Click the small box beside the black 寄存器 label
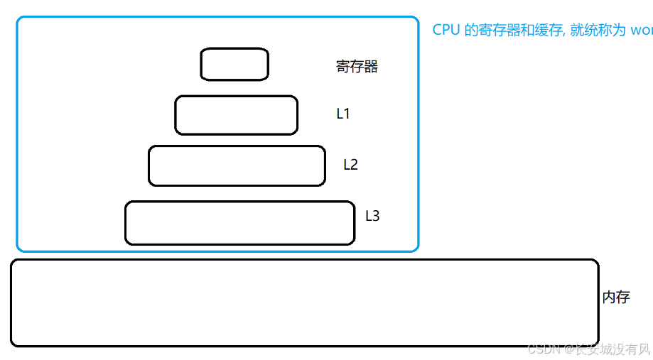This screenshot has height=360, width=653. (234, 64)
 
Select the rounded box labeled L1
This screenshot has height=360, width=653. (236, 115)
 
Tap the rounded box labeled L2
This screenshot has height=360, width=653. (237, 165)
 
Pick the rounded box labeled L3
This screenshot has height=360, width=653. (239, 223)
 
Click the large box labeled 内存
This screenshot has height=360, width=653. (304, 302)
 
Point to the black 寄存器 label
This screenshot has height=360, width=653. (357, 67)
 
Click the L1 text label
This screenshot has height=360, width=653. (343, 114)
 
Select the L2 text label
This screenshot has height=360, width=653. (350, 165)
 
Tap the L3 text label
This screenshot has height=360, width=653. (372, 216)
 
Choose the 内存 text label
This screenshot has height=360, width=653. (616, 298)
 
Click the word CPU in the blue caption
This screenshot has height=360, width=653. (446, 30)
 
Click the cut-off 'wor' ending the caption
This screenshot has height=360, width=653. (642, 31)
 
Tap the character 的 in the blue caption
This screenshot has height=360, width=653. (471, 30)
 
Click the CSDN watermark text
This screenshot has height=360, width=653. (541, 349)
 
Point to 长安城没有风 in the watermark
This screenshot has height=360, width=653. (609, 349)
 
